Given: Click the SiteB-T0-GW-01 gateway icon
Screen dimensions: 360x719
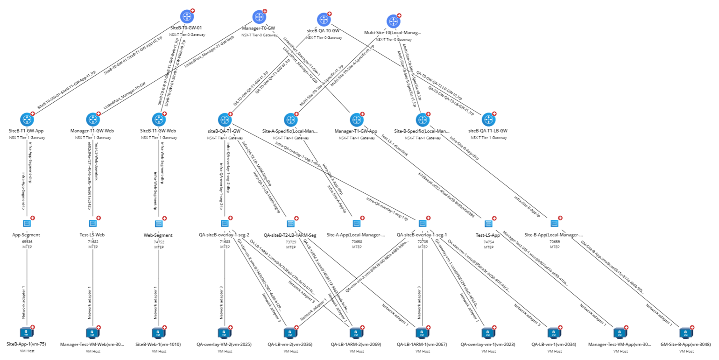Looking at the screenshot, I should coord(187,17).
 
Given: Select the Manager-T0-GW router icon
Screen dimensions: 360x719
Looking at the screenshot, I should coord(259,17).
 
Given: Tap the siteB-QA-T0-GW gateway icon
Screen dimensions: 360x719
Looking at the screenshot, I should coord(324,20).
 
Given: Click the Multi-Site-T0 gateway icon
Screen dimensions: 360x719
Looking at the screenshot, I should coord(393,21).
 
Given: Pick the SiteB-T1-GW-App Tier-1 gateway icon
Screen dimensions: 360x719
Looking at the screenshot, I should coord(27,120).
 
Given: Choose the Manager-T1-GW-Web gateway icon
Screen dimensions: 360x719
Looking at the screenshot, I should coord(92,120).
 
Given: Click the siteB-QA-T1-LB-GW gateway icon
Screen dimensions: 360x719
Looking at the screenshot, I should coord(488,120).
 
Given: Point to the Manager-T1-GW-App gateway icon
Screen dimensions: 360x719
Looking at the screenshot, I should coord(356,120).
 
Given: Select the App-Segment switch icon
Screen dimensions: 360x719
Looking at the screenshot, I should coord(27,224).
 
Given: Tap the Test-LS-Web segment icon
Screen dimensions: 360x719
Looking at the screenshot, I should coord(92,224).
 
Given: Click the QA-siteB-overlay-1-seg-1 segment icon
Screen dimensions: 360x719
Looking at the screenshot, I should coord(422,224).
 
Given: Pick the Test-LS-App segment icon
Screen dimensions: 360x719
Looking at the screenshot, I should coord(488,224).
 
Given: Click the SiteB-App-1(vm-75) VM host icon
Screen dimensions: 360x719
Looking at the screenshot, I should coord(27,333).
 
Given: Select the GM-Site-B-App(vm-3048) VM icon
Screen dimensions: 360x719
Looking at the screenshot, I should coord(686,333).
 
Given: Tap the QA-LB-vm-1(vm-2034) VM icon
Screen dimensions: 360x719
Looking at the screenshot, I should coord(554,333).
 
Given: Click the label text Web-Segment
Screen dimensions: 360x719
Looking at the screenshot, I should coord(158,235).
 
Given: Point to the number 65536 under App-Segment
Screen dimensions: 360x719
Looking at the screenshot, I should coord(27,242).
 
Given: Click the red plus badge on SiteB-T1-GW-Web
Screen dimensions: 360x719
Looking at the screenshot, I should coord(164,113).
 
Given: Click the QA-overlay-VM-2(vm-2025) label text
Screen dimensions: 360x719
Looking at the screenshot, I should coord(224,345).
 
